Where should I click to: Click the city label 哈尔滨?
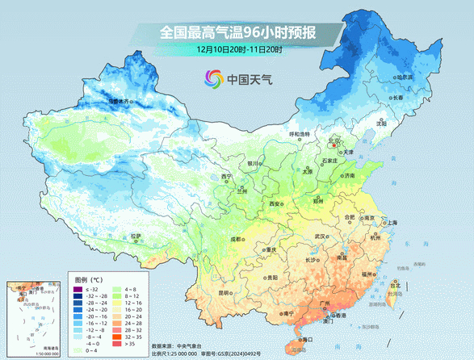405,77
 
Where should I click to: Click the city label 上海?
392,223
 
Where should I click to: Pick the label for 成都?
235,239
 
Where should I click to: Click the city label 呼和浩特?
300,134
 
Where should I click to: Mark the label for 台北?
395,285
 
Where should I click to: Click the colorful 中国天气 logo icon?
213,79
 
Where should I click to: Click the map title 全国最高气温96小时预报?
238,33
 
